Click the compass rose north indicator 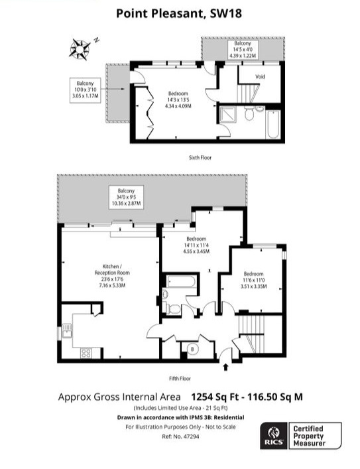pos(80,47)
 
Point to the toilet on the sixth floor pos(248,115)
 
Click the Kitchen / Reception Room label pos(110,273)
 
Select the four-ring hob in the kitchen pos(86,353)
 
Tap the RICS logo pos(272,435)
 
